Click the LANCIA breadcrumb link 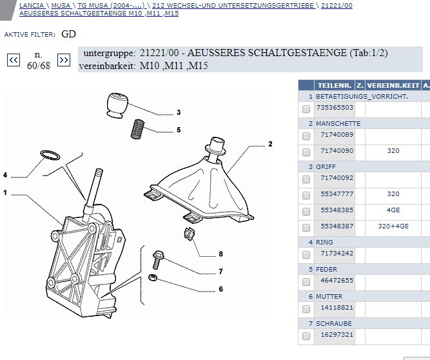coord(32,5)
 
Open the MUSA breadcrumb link coord(61,5)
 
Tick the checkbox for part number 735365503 coord(306,109)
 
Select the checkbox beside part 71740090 coord(306,152)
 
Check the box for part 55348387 coord(306,228)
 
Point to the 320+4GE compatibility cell coord(393,227)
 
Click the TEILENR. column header coord(334,85)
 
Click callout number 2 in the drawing coord(271,144)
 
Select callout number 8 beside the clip coord(220,254)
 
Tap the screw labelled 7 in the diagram coord(159,260)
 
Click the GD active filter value coord(69,34)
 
